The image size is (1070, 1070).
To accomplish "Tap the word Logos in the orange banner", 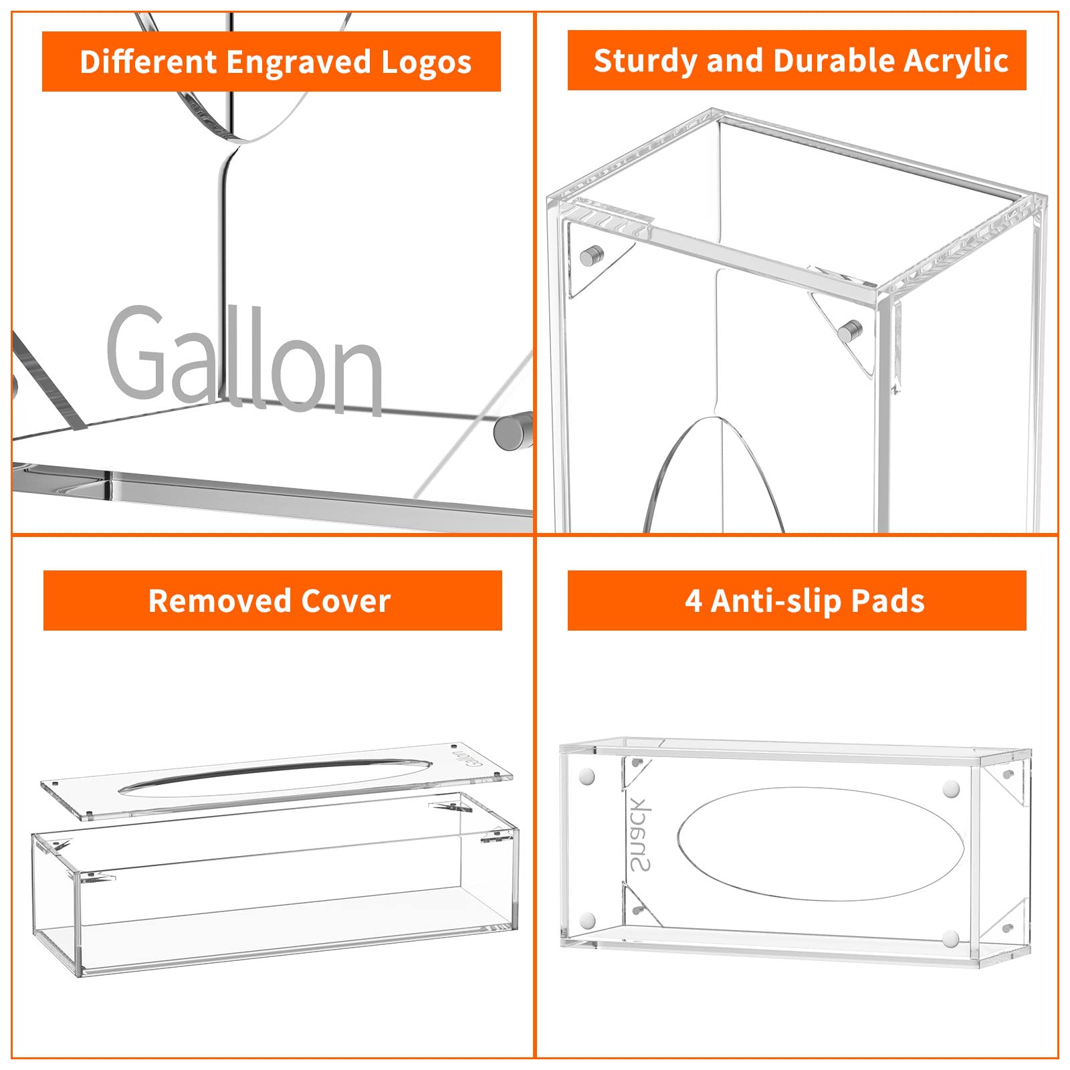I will [426, 62].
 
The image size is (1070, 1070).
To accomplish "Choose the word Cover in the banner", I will [346, 601].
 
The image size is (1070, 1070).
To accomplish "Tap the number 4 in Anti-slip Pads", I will [693, 601].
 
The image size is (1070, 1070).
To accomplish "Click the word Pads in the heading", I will [888, 601].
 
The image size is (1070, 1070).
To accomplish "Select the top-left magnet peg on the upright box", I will [591, 255].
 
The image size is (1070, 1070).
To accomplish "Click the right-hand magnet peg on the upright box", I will [850, 330].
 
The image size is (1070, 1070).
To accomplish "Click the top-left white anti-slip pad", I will [588, 776].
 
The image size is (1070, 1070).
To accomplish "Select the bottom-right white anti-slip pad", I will [950, 938].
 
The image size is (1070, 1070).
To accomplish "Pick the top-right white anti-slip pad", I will [951, 788].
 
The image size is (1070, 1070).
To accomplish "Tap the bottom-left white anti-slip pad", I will [588, 920].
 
